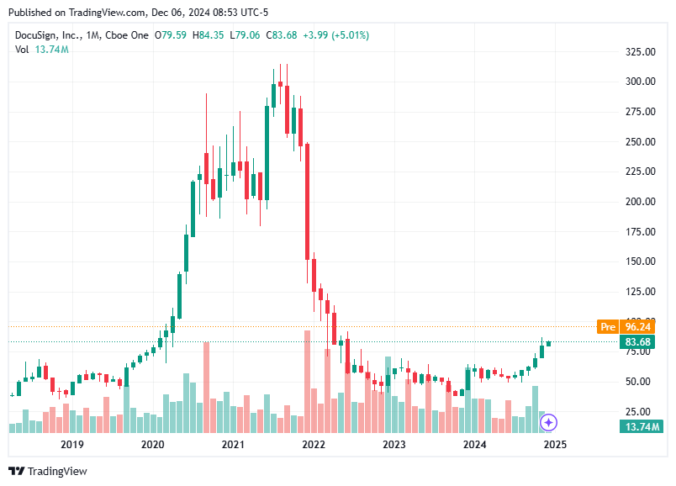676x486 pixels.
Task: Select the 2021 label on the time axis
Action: click(x=233, y=445)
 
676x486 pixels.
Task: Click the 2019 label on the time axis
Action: click(x=71, y=445)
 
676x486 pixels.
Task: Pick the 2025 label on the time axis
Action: click(x=555, y=445)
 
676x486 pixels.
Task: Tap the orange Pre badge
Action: click(x=607, y=326)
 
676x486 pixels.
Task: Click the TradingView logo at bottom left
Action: click(x=48, y=471)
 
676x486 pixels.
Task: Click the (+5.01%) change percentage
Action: click(x=349, y=35)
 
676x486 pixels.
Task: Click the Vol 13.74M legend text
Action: click(x=42, y=50)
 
